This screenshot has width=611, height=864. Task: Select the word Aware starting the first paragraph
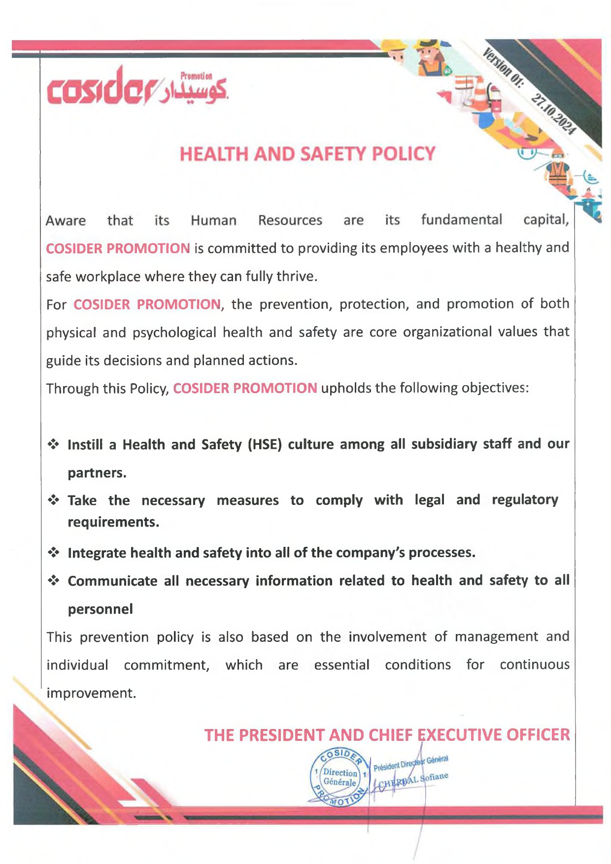click(66, 220)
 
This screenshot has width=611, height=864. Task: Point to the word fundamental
click(461, 219)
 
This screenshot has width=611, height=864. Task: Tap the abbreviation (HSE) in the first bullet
click(264, 444)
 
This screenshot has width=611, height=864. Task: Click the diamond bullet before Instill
click(53, 444)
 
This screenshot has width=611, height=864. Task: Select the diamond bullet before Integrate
click(53, 553)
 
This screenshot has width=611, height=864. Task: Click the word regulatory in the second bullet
click(525, 500)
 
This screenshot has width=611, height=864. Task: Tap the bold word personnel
click(100, 609)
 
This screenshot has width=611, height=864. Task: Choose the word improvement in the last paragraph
click(90, 693)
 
